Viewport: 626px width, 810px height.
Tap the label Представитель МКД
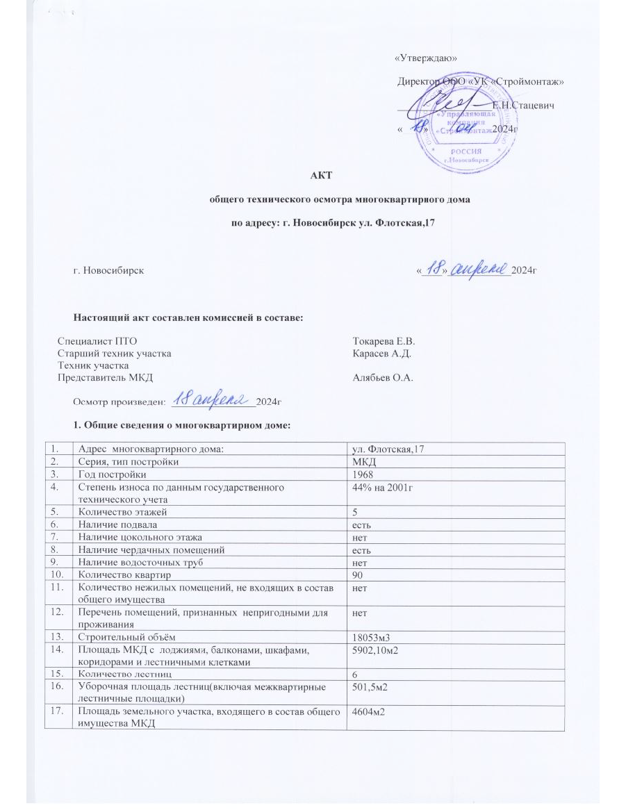[104, 378]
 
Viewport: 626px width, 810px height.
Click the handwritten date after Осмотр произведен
[211, 399]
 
